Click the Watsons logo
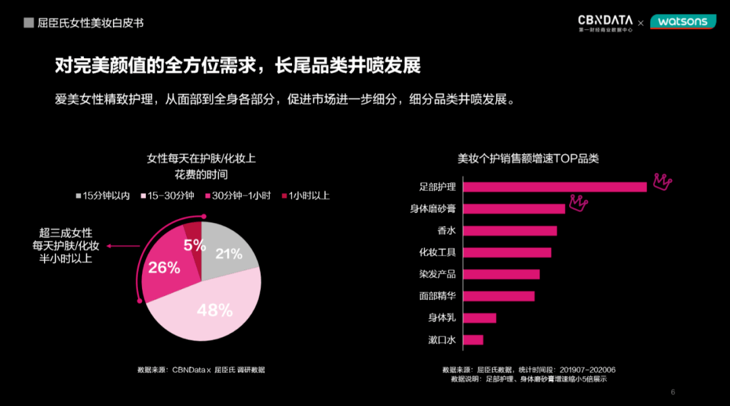(x=683, y=22)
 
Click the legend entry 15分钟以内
(x=103, y=196)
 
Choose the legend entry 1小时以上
(x=305, y=196)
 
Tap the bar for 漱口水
(x=474, y=340)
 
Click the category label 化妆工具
(x=437, y=253)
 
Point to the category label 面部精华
(x=437, y=296)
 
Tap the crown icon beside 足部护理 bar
(x=662, y=180)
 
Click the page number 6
(x=673, y=392)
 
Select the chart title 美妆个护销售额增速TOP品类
(x=528, y=159)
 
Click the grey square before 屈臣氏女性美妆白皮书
(x=28, y=23)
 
